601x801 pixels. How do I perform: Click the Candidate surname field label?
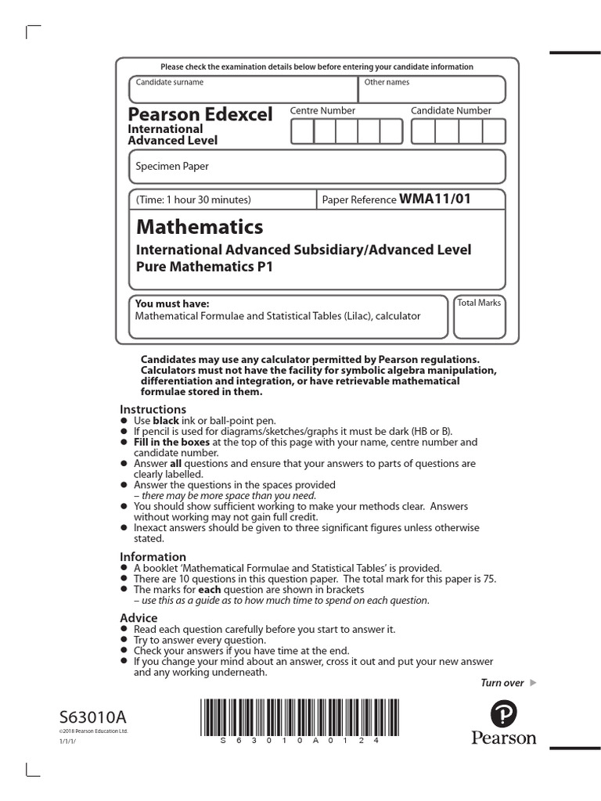click(169, 82)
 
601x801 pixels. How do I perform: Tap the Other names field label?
click(387, 82)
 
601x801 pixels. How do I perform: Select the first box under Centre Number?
click(302, 132)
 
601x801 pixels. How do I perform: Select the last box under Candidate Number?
click(494, 132)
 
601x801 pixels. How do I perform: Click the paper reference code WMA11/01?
click(435, 199)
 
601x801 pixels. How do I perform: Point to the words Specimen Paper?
click(172, 166)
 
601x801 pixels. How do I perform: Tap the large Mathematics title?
click(200, 228)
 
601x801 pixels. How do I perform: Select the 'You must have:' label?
click(172, 304)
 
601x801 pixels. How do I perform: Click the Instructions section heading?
click(153, 409)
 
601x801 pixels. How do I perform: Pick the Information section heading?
click(153, 557)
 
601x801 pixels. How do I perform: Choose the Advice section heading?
click(139, 618)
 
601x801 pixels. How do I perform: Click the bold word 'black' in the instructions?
click(166, 420)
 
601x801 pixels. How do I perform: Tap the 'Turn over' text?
click(502, 683)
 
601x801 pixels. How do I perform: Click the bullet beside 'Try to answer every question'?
click(124, 640)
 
